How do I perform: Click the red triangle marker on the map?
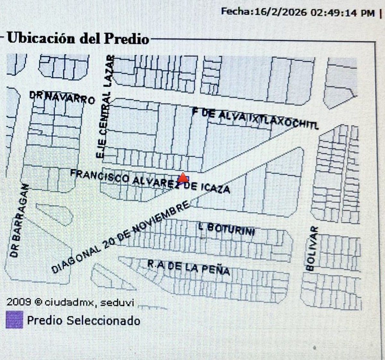pyautogui.click(x=183, y=177)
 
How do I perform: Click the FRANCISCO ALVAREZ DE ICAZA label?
pyautogui.click(x=150, y=181)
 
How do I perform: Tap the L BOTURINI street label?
pyautogui.click(x=227, y=229)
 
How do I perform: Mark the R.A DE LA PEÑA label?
pyautogui.click(x=188, y=268)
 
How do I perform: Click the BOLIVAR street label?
pyautogui.click(x=312, y=248)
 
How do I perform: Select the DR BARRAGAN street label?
pyautogui.click(x=19, y=221)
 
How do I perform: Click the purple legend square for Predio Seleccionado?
pyautogui.click(x=14, y=320)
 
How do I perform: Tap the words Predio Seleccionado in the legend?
pyautogui.click(x=83, y=320)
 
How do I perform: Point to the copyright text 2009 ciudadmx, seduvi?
pyautogui.click(x=70, y=302)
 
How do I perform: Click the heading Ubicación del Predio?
pyautogui.click(x=78, y=38)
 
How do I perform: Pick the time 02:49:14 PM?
pyautogui.click(x=341, y=13)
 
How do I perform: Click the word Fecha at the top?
pyautogui.click(x=235, y=12)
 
